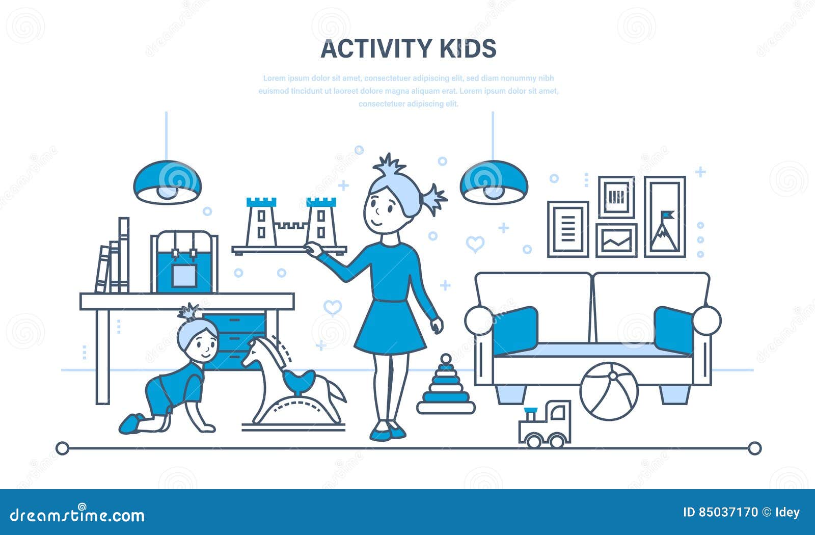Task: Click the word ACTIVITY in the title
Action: click(x=376, y=49)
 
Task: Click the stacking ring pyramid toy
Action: click(x=446, y=388)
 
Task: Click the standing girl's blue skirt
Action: click(x=390, y=326)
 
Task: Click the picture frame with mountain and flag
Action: click(x=665, y=217)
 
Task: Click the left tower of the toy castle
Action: click(x=261, y=222)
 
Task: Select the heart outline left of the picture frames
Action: click(x=475, y=244)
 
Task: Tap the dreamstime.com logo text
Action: click(x=77, y=515)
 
